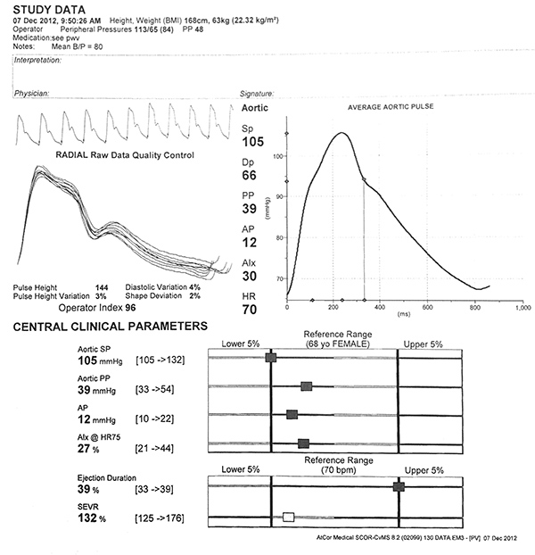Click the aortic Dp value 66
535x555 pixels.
click(250, 177)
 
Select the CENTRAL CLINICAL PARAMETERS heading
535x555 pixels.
click(110, 327)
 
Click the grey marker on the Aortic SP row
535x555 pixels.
click(271, 358)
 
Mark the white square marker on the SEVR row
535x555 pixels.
click(288, 517)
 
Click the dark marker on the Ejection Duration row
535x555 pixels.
click(399, 486)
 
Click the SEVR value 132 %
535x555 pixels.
click(94, 518)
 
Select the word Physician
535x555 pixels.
click(30, 92)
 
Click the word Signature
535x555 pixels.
click(257, 92)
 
